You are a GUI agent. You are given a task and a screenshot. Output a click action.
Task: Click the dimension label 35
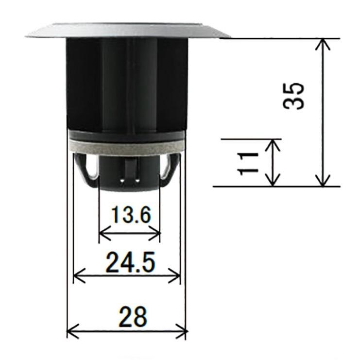coord(294,96)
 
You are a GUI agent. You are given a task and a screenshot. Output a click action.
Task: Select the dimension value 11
coord(248,162)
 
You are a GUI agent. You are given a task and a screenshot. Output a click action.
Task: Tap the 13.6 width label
coord(130,214)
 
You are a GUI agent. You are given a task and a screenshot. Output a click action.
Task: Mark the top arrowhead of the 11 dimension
coord(274,143)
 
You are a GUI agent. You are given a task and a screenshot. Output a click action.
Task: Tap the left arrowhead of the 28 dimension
coord(71,332)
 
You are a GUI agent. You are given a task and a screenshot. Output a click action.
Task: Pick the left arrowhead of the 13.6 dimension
coord(103,234)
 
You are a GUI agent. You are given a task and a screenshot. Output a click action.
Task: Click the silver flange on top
coord(127,30)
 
